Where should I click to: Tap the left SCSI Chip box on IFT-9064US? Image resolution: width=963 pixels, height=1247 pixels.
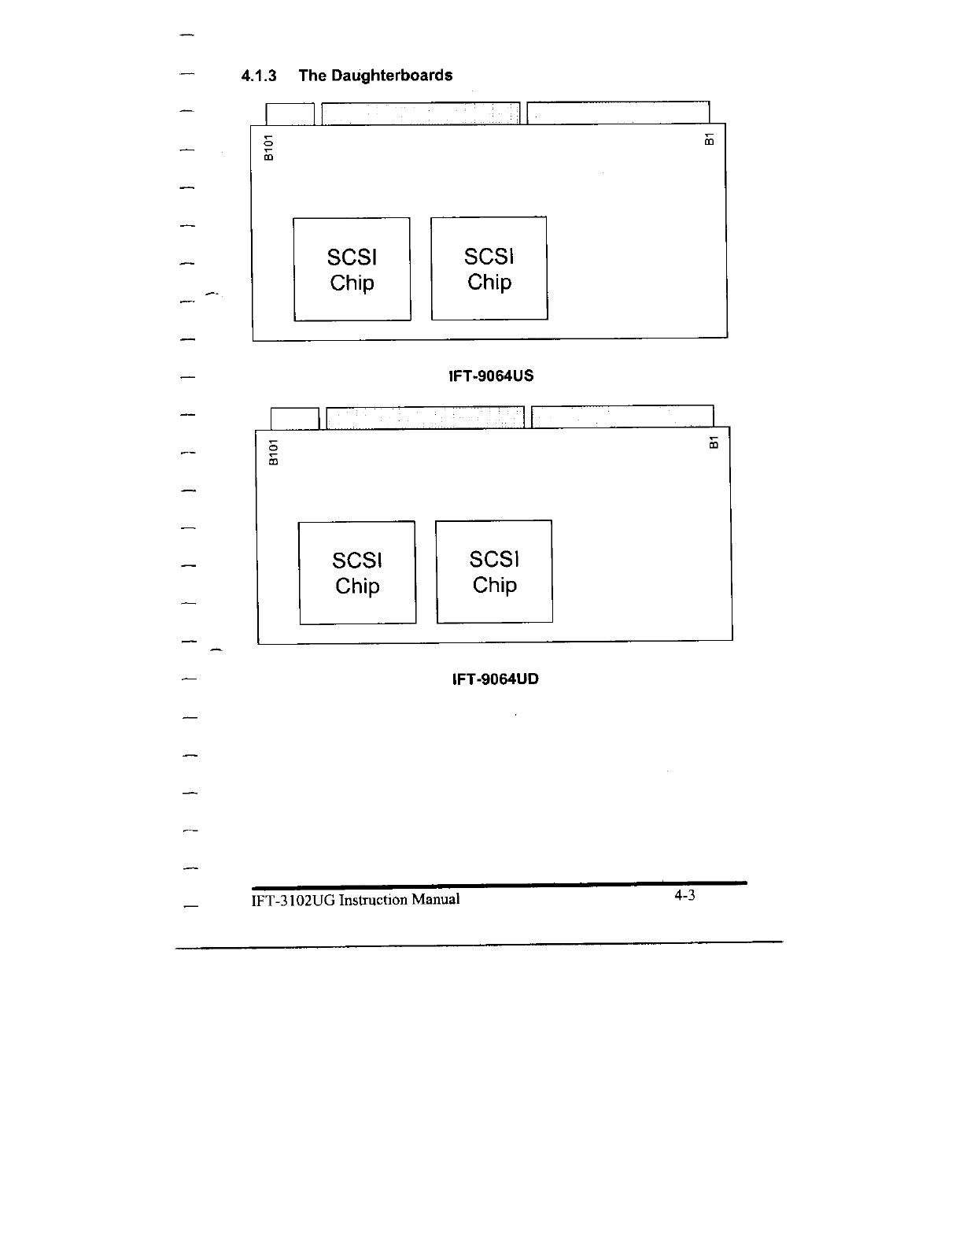pyautogui.click(x=352, y=269)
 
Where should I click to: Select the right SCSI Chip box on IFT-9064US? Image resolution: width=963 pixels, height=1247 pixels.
pyautogui.click(x=489, y=268)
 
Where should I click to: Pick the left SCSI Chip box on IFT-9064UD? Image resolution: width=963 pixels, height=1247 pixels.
pyautogui.click(x=357, y=572)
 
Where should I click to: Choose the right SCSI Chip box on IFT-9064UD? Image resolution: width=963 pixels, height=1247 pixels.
pyautogui.click(x=494, y=572)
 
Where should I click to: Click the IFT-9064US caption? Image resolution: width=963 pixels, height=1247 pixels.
pyautogui.click(x=491, y=376)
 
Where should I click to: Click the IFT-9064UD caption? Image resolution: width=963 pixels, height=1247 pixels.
pyautogui.click(x=496, y=679)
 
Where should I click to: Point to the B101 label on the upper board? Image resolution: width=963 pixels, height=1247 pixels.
pyautogui.click(x=269, y=147)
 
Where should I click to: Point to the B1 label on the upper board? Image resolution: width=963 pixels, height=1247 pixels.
pyautogui.click(x=709, y=139)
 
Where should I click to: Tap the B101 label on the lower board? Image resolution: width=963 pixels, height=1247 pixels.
pyautogui.click(x=274, y=452)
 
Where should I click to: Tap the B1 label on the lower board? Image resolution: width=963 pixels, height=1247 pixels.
pyautogui.click(x=714, y=442)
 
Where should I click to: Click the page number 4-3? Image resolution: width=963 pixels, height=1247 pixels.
pyautogui.click(x=684, y=896)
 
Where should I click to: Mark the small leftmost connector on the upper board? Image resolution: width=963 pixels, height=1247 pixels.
pyautogui.click(x=290, y=113)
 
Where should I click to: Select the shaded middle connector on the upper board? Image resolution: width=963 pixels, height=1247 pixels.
pyautogui.click(x=421, y=113)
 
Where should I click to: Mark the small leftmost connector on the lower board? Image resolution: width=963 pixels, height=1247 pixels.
pyautogui.click(x=294, y=418)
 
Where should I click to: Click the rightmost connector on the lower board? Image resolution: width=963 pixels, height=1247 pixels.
pyautogui.click(x=622, y=416)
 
